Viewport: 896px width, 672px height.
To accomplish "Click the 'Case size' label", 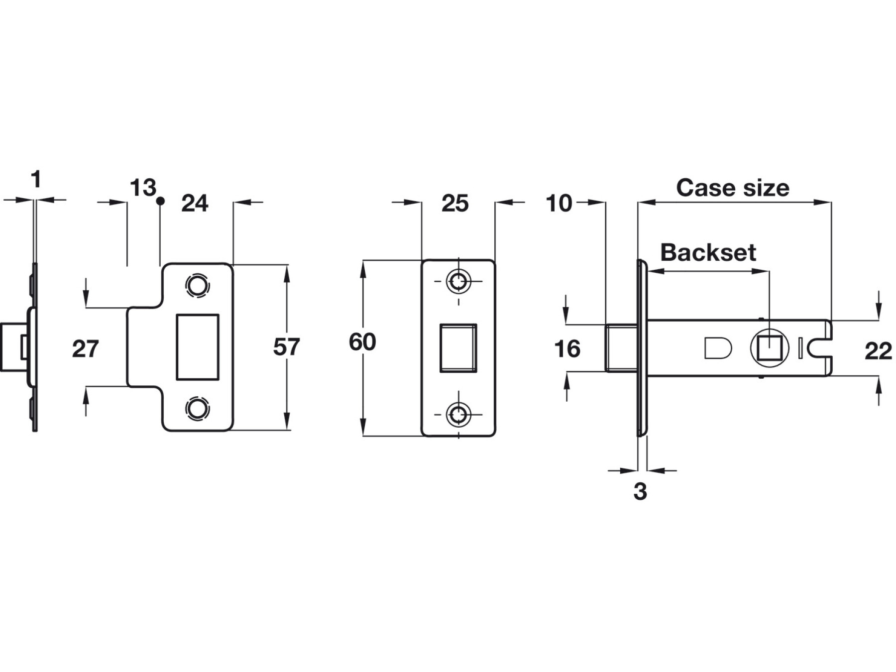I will (x=732, y=188).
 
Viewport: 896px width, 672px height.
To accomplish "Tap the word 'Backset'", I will (x=708, y=253).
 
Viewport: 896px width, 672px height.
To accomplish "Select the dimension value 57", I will (x=286, y=347).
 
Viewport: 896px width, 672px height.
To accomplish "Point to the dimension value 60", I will (x=362, y=342).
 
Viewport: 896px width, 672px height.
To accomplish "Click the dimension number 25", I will (x=455, y=204).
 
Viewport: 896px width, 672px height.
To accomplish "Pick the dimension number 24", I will (x=195, y=204).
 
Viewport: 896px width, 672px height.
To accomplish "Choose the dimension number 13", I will (x=142, y=188).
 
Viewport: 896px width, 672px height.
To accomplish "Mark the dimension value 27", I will (x=85, y=349).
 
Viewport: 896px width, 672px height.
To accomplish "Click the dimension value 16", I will (x=567, y=349).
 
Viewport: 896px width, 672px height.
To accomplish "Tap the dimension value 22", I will (x=878, y=351).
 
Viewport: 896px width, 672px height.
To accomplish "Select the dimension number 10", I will (x=559, y=204).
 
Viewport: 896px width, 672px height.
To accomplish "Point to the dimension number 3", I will (x=640, y=492).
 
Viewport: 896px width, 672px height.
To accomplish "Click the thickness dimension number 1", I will (x=35, y=179).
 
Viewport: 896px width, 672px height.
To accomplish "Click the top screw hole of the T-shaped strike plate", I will (x=197, y=286).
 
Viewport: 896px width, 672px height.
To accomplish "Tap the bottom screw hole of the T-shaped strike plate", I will (x=197, y=408).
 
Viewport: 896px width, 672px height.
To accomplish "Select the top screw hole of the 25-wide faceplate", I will (x=458, y=282).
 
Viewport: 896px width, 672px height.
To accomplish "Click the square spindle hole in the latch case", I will (x=769, y=347).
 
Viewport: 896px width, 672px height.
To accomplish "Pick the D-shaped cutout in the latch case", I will (x=717, y=348).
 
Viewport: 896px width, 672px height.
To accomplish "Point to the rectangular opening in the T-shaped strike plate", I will (x=198, y=347).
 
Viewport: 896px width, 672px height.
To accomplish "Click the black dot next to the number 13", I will (x=160, y=201).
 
